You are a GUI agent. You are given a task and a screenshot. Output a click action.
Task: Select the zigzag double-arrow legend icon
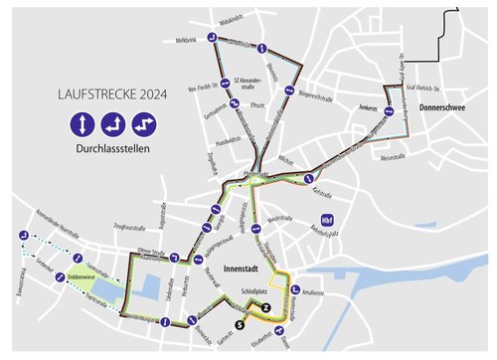click(146, 126)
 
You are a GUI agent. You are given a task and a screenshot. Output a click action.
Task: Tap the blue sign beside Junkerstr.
click(392, 113)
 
